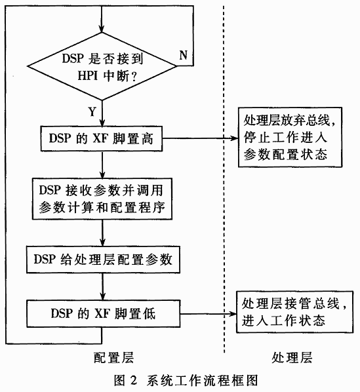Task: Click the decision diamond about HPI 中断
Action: [x=102, y=66]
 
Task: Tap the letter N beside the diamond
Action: [x=183, y=55]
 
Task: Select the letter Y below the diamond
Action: [x=92, y=111]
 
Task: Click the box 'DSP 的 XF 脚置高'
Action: [x=102, y=138]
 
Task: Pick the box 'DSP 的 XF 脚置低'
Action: [x=103, y=314]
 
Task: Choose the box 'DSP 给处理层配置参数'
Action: [x=103, y=260]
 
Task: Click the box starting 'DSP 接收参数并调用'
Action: [x=102, y=199]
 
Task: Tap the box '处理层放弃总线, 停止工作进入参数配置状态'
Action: [x=290, y=137]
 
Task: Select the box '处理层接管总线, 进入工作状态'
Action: [x=294, y=312]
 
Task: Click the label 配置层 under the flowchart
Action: [x=113, y=357]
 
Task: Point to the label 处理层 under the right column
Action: [x=292, y=357]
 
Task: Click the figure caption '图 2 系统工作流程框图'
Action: [x=186, y=381]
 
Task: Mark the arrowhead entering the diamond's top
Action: [x=102, y=29]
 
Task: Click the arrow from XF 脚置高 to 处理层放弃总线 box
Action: [x=200, y=138]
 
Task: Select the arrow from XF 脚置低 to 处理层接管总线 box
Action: [x=208, y=314]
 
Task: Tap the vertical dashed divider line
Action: [x=224, y=179]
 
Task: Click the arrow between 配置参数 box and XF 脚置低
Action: [x=102, y=286]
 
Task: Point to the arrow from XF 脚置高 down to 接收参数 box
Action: [x=102, y=165]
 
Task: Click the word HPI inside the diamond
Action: [x=87, y=75]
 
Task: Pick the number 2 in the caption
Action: [x=134, y=381]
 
